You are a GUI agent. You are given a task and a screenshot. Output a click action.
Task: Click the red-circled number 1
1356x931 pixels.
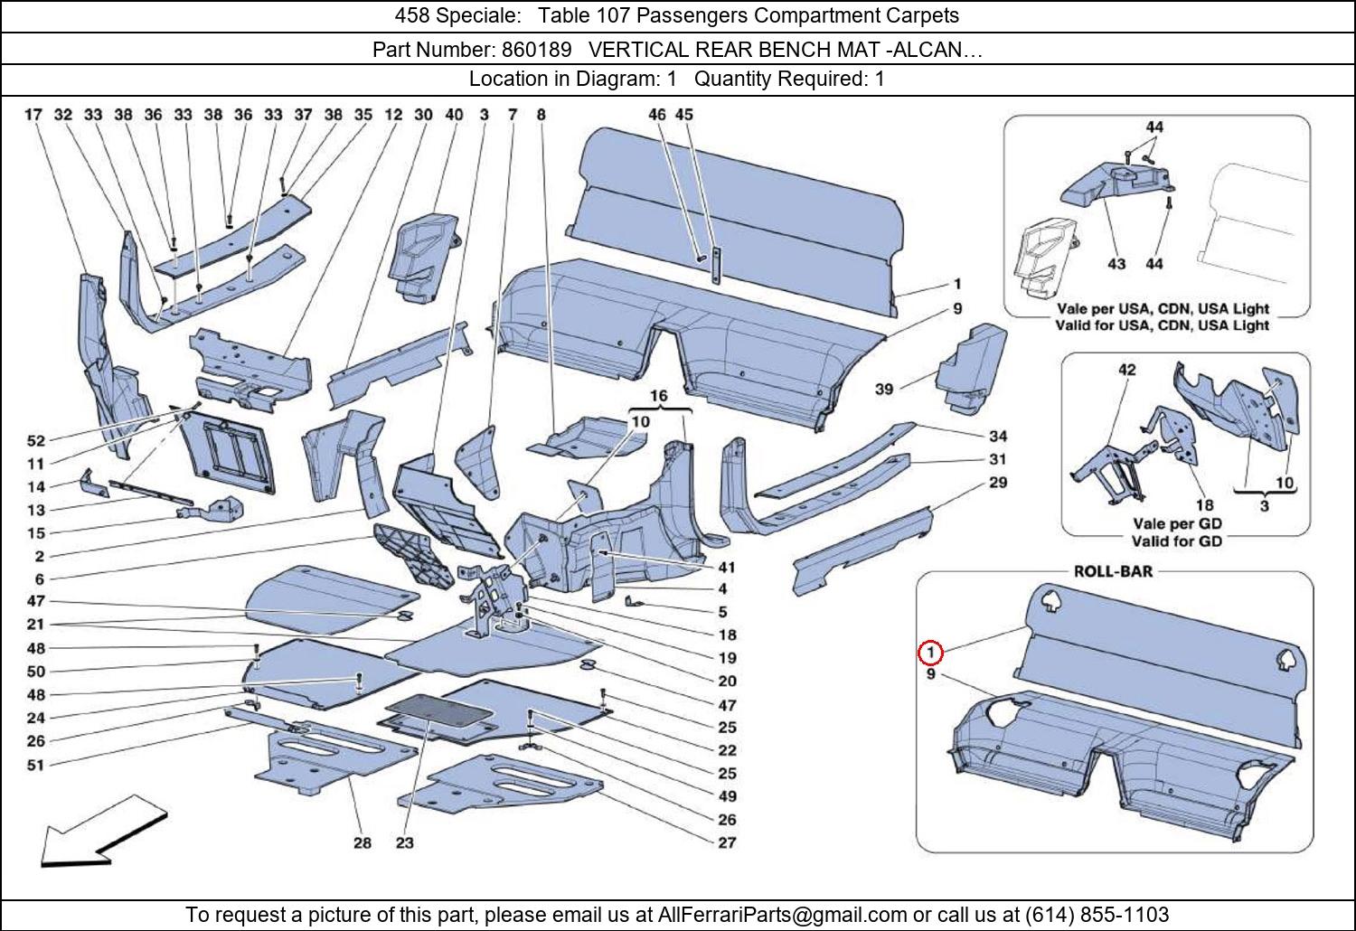(x=930, y=653)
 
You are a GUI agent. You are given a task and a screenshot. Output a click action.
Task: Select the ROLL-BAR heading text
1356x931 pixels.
(x=1113, y=571)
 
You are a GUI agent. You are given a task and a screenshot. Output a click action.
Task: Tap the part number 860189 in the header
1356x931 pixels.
(x=536, y=50)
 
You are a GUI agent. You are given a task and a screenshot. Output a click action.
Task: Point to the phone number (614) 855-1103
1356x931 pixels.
(x=1097, y=914)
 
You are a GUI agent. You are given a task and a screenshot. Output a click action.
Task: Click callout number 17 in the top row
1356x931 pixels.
(x=33, y=115)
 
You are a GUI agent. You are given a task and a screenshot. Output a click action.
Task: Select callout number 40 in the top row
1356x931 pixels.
(x=454, y=115)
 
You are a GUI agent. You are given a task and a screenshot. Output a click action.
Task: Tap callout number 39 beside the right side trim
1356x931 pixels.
(x=884, y=389)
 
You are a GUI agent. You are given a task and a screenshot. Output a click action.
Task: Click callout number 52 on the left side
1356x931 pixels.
(x=36, y=441)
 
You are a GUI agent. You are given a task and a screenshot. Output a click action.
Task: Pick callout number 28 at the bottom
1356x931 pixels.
(x=362, y=842)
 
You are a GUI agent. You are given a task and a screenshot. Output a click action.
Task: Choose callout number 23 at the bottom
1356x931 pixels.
(x=404, y=842)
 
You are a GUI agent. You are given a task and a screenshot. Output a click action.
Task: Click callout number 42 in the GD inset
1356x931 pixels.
(x=1126, y=370)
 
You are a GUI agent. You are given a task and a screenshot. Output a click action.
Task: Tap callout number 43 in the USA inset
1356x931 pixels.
(x=1116, y=264)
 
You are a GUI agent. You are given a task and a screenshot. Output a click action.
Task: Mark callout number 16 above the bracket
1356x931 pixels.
(x=659, y=396)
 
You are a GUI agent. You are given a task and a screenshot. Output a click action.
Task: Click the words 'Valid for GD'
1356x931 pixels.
(x=1177, y=541)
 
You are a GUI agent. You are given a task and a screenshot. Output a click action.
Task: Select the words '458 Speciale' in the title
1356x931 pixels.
(x=457, y=15)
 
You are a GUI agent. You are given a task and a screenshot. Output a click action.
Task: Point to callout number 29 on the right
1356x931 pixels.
(x=998, y=483)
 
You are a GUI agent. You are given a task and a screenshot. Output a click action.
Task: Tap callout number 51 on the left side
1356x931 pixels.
(x=36, y=766)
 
